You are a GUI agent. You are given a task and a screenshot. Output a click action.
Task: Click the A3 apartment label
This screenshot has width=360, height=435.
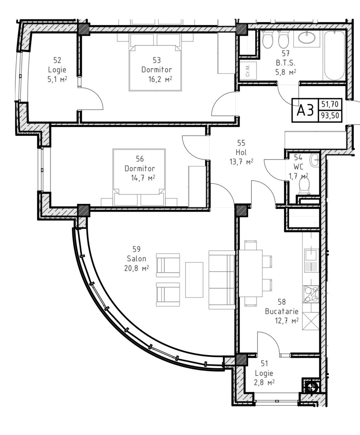[x=305, y=110]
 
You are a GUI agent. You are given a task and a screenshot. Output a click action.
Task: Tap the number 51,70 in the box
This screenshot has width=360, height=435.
[x=330, y=104]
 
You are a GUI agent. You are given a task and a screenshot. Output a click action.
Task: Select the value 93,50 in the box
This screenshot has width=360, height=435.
[x=330, y=115]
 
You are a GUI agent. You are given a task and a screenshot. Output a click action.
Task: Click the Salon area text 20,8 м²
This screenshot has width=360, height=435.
[x=136, y=268]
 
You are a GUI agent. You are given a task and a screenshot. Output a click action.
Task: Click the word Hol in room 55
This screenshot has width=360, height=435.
[x=241, y=153]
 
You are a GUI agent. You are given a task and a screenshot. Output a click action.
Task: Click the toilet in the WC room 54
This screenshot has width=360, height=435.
[x=304, y=186]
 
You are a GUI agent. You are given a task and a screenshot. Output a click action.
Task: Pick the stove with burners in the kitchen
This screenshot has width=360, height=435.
[x=311, y=294]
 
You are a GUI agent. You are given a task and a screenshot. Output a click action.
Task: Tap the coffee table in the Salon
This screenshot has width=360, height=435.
[x=194, y=280]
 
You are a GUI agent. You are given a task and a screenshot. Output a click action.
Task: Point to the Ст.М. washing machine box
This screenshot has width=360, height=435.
[x=248, y=70]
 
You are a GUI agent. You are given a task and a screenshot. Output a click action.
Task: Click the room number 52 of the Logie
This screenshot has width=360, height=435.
[x=57, y=60]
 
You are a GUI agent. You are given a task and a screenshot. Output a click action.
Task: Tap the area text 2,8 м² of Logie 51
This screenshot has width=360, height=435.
[x=264, y=388]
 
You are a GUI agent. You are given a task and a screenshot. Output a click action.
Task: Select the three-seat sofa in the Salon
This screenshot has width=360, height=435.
[x=222, y=280]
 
